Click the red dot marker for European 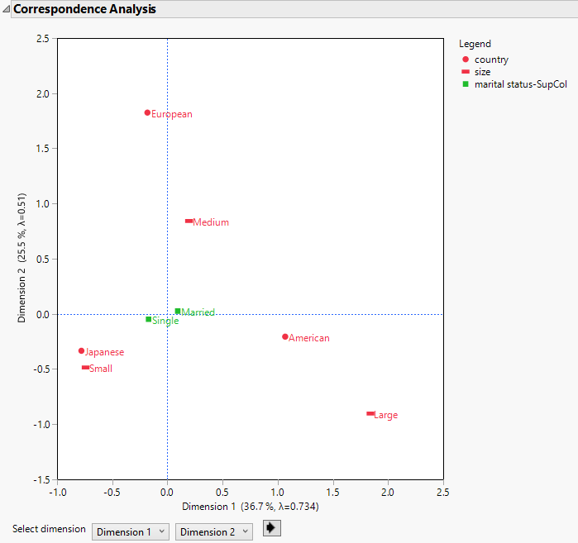pyautogui.click(x=147, y=112)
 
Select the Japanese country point pyautogui.click(x=81, y=350)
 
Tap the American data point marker pyautogui.click(x=285, y=336)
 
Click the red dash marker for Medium pyautogui.click(x=189, y=221)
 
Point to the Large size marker pyautogui.click(x=370, y=413)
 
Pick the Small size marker pyautogui.click(x=85, y=368)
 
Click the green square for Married pyautogui.click(x=178, y=311)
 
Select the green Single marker pyautogui.click(x=149, y=319)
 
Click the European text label pyautogui.click(x=172, y=114)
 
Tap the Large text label pyautogui.click(x=386, y=415)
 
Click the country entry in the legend pyautogui.click(x=491, y=60)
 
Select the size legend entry pyautogui.click(x=482, y=72)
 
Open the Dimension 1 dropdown pyautogui.click(x=131, y=532)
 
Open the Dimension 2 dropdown pyautogui.click(x=214, y=532)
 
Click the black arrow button pyautogui.click(x=271, y=528)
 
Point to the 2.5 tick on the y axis pyautogui.click(x=42, y=39)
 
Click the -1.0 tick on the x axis pyautogui.click(x=57, y=493)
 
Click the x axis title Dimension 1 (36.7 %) pyautogui.click(x=250, y=507)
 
